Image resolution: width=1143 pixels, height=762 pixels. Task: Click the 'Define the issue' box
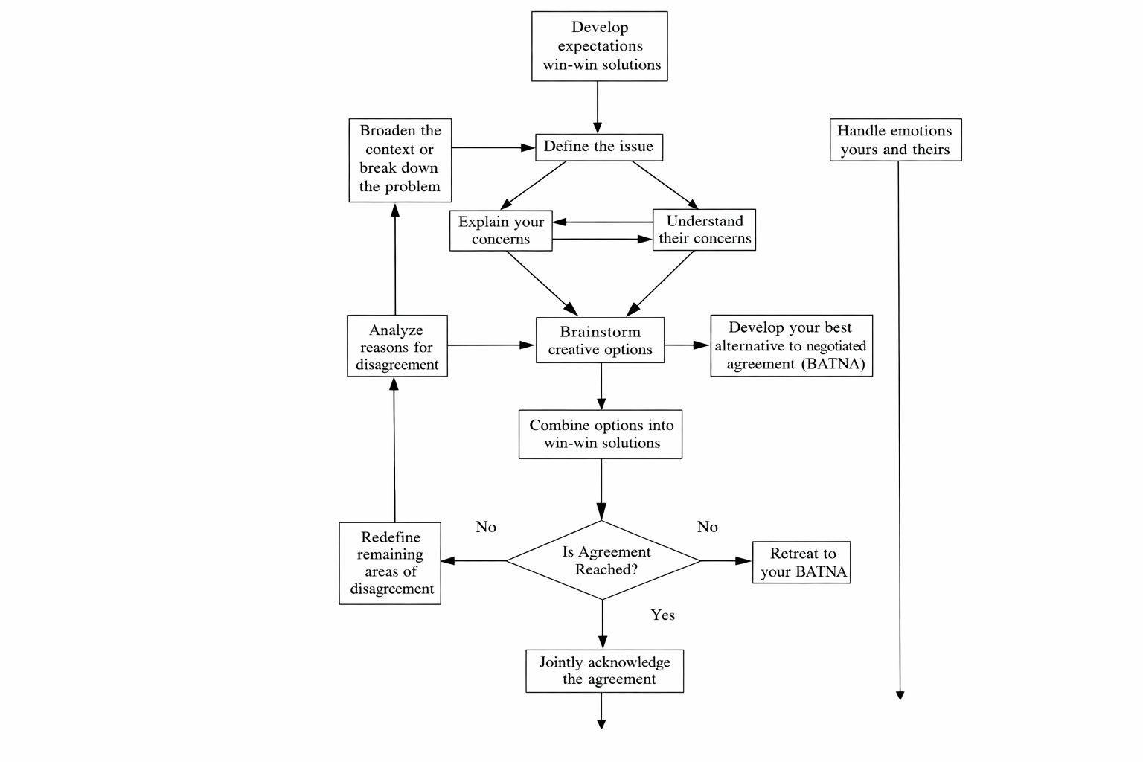(599, 147)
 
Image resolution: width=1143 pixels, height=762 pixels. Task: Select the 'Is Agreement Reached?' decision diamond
(603, 560)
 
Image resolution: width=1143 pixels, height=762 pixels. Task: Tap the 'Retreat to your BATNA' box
(801, 563)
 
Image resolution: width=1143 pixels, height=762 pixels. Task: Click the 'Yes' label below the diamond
(662, 615)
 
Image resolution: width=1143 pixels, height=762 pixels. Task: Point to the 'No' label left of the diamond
(486, 527)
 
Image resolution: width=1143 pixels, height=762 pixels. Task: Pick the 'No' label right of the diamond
(707, 527)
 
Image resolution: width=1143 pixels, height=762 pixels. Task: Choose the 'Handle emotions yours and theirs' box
(895, 140)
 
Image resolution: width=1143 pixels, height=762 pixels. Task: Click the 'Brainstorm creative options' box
(600, 340)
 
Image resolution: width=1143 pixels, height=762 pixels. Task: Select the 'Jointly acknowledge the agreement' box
(605, 671)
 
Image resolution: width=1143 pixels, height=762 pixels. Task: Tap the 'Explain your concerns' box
(501, 231)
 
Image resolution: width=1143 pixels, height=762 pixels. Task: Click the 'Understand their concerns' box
(704, 230)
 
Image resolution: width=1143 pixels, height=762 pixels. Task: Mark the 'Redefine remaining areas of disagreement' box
(390, 563)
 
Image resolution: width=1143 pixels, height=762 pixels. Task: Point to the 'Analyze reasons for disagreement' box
(397, 346)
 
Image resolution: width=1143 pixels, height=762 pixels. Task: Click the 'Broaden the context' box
(400, 160)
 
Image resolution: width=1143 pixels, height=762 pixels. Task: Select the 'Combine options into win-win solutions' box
(600, 435)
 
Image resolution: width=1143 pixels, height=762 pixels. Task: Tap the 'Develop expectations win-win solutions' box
(600, 46)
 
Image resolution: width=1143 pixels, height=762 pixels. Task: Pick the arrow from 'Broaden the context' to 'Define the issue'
(493, 147)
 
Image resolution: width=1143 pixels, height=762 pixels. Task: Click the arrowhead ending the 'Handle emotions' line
(900, 696)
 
